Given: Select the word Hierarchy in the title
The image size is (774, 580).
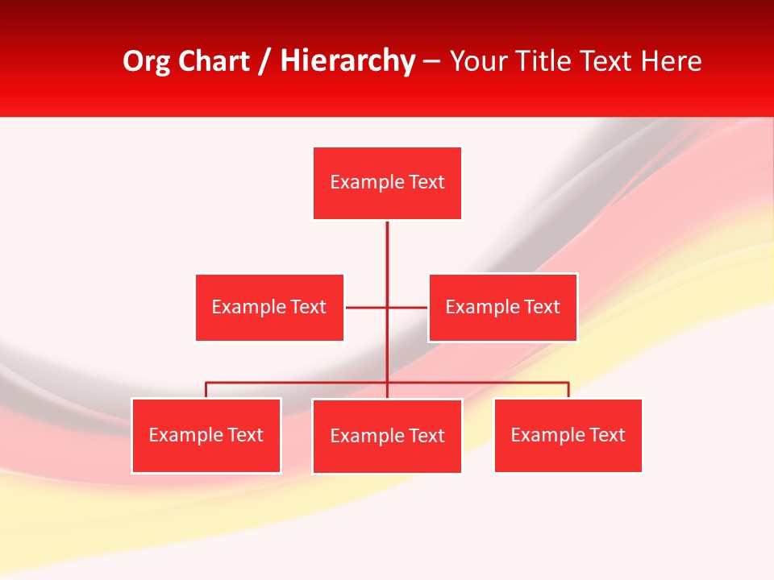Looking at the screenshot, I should coord(347,62).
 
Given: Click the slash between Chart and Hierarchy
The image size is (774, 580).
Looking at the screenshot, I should coord(264,62).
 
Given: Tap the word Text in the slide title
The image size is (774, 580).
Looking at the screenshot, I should coord(609,62).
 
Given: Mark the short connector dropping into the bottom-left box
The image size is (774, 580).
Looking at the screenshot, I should coord(206,390).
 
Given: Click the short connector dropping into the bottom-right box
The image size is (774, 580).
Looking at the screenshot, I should coord(568,390).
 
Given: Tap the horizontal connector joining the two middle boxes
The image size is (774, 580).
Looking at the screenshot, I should coord(367,307).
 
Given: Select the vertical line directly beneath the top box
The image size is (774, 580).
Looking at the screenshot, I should coord(387,250).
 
